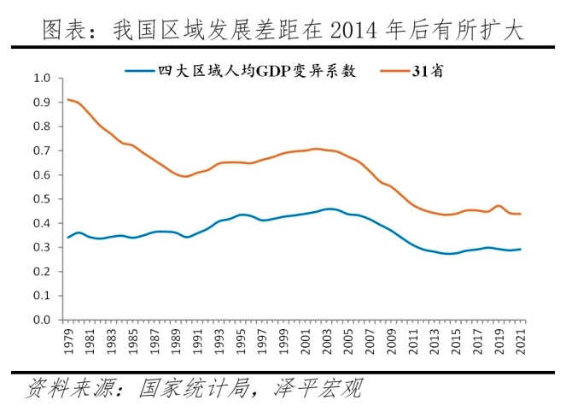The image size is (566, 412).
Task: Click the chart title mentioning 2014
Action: [x=283, y=31]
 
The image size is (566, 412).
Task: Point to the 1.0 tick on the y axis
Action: [x=42, y=79]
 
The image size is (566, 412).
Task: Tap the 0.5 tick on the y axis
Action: [x=42, y=199]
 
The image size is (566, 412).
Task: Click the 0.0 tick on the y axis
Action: [x=42, y=321]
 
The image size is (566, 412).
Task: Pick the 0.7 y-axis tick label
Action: [x=42, y=151]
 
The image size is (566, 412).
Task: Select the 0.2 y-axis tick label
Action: [x=42, y=272]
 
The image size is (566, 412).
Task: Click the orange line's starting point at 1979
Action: [x=68, y=100]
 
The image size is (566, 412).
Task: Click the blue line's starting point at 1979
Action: [x=68, y=237]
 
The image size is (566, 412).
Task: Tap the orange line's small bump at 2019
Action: [x=499, y=206]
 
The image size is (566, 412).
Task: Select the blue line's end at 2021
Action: [x=521, y=250]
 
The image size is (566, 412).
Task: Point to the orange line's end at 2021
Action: [x=521, y=214]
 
